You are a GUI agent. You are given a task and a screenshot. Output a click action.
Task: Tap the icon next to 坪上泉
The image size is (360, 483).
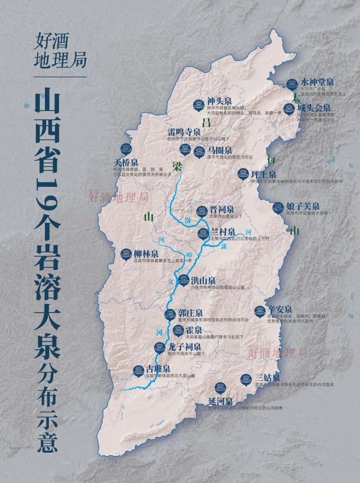(x=241, y=174)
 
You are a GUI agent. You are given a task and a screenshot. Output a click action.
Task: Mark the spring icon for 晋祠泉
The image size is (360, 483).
(x=202, y=211)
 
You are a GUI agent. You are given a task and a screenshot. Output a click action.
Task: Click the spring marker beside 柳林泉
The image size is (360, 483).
(x=125, y=254)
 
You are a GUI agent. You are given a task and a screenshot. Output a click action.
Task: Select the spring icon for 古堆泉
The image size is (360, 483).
(x=138, y=370)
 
